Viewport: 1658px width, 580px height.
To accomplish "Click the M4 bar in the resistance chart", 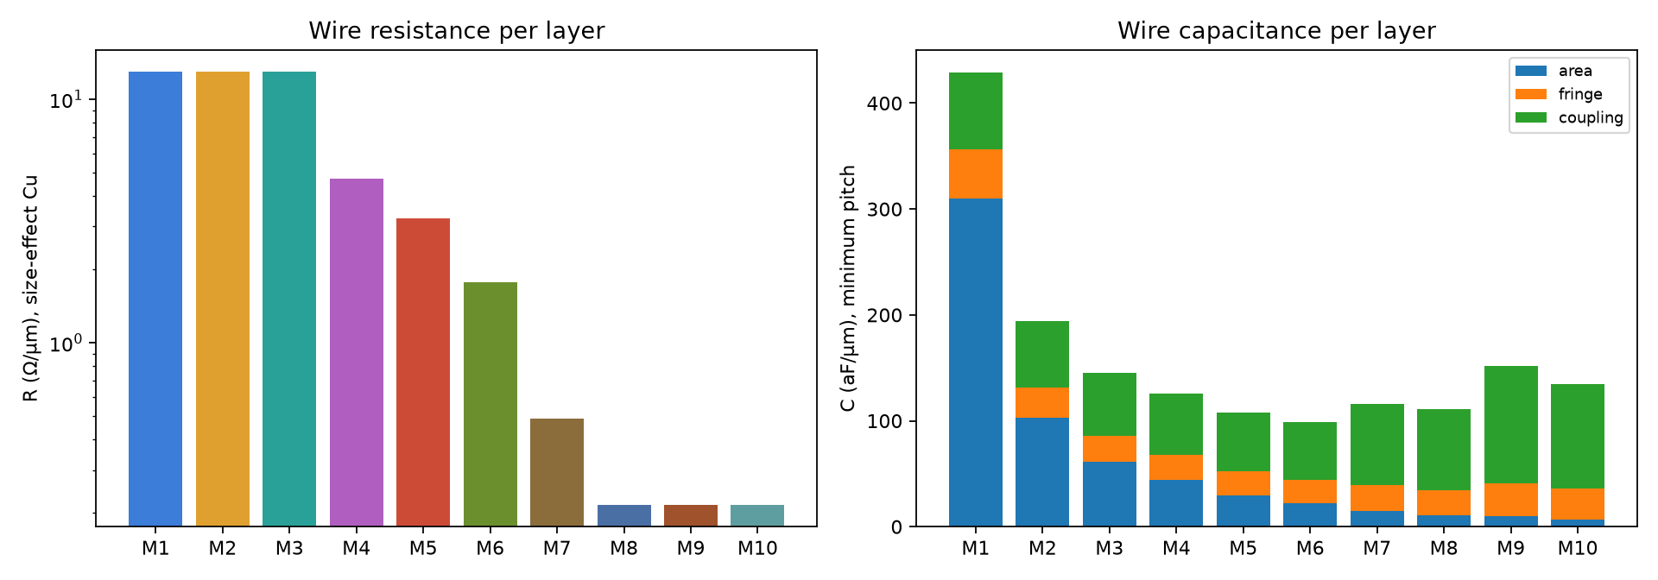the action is tap(356, 352).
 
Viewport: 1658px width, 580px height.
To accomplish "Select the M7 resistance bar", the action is tap(557, 472).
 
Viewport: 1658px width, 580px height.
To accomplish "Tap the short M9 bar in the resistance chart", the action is tap(691, 515).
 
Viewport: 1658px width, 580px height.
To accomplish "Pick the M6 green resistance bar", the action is tap(490, 404).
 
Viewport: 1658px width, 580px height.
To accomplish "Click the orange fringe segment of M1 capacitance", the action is tap(976, 174).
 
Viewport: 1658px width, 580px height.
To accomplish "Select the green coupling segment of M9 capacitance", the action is tap(1511, 425).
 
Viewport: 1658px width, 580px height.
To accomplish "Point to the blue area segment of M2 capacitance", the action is tap(1042, 472).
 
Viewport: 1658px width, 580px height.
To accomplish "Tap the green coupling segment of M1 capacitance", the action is tap(976, 111).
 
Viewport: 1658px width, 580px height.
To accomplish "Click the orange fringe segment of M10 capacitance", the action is tap(1578, 504).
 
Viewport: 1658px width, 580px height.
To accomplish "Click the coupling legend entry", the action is tap(1569, 117).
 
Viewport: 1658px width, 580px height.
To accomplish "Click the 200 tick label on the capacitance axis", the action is tap(884, 316).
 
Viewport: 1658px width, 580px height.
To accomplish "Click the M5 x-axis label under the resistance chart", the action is tap(423, 548).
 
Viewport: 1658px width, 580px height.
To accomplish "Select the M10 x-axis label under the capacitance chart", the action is tap(1578, 548).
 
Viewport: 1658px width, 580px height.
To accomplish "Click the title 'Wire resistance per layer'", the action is tap(457, 31).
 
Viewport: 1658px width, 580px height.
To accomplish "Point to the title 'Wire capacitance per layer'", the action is tap(1276, 31).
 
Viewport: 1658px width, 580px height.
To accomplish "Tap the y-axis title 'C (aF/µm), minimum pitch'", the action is tap(848, 288).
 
